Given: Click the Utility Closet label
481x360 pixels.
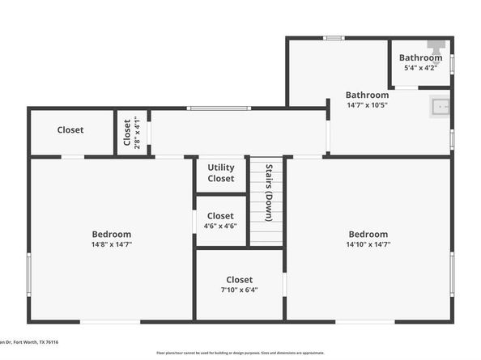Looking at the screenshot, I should (x=220, y=173).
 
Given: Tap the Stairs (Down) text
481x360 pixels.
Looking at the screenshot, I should (x=266, y=193).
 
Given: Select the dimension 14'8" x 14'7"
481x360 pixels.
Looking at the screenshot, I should (x=112, y=244).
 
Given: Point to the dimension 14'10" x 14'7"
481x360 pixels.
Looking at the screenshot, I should (x=368, y=244).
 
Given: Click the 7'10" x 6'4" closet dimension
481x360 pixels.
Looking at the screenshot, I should (x=239, y=290).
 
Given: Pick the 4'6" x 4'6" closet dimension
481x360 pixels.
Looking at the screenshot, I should (x=220, y=227).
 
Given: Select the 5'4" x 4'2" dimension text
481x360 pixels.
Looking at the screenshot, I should (x=420, y=68).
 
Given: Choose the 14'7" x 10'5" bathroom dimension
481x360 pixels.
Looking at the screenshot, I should (x=367, y=105).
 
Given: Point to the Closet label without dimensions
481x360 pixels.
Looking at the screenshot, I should (x=70, y=130).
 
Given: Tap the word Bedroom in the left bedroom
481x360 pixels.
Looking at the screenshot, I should (x=112, y=234).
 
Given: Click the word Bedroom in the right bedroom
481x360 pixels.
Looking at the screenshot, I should (x=368, y=234).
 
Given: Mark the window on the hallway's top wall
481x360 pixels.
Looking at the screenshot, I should (x=219, y=108).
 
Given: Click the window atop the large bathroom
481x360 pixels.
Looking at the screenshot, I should (x=333, y=38).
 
